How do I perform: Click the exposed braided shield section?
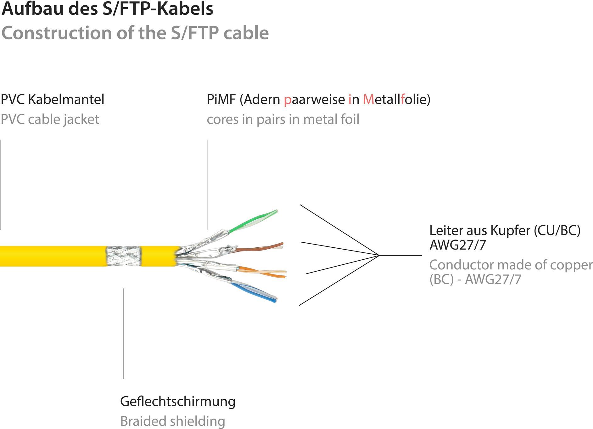coord(123,256)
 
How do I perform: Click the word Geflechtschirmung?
coord(178,402)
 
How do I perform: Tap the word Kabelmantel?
coord(66,99)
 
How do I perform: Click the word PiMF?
coord(221,99)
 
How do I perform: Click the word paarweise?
coord(314,99)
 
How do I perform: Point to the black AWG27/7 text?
coord(458,245)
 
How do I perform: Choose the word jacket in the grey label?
coord(81,119)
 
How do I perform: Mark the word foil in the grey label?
coord(350,119)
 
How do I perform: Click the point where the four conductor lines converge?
coord(380,255)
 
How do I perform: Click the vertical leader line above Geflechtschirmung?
coord(123,334)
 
